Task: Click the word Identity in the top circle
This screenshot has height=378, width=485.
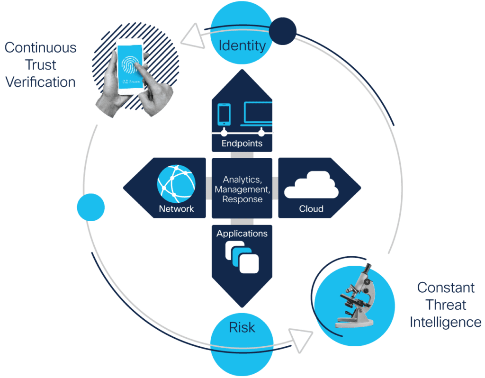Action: coord(242,45)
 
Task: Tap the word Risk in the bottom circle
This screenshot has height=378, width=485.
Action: coord(242,327)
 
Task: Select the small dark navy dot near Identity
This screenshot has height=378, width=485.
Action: coord(283,31)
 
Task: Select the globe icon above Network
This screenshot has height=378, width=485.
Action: coord(176,184)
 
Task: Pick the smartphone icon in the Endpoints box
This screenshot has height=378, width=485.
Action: coord(224,114)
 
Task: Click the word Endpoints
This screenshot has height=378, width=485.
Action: coord(242,143)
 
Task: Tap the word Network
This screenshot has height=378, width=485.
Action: coord(176,209)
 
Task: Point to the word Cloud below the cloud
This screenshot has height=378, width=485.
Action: coord(311,209)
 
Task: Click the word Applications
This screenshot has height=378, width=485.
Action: coord(242,234)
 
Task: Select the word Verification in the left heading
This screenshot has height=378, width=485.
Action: coord(41,82)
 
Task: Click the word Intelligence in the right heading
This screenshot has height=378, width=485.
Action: coord(445,323)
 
